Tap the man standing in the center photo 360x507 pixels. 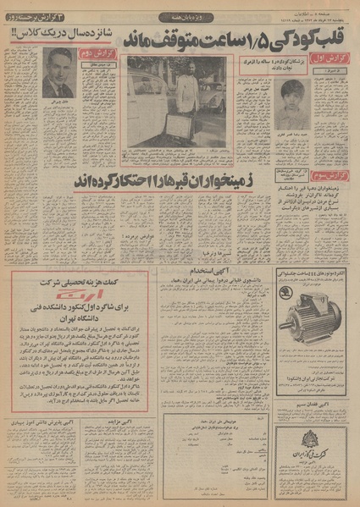pos(189,89)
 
